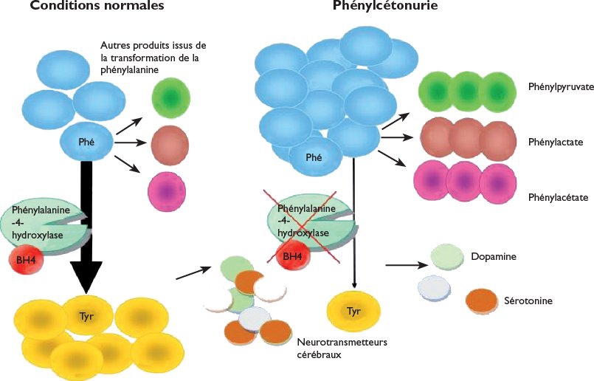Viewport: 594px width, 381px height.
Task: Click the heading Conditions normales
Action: pyautogui.click(x=95, y=7)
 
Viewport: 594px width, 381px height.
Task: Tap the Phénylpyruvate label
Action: pyautogui.click(x=555, y=86)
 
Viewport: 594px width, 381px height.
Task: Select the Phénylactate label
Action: pyautogui.click(x=551, y=140)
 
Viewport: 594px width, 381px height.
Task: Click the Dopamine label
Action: pyautogui.click(x=493, y=256)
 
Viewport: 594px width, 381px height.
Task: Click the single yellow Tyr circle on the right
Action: pyautogui.click(x=353, y=310)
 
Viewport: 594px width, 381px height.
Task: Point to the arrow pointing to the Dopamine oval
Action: pyautogui.click(x=408, y=263)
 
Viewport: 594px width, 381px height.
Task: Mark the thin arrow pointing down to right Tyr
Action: pyautogui.click(x=354, y=222)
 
